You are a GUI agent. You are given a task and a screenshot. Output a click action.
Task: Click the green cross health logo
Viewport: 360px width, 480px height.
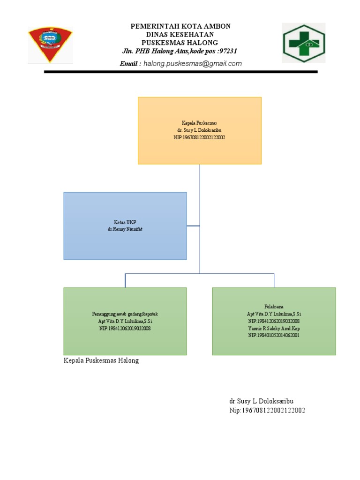303,43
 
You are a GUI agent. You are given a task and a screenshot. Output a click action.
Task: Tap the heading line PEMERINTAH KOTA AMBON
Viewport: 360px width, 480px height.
180,27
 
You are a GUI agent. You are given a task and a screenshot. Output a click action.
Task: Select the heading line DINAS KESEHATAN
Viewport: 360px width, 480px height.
180,35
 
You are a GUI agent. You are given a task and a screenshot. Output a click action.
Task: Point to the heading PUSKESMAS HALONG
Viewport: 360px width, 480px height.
180,43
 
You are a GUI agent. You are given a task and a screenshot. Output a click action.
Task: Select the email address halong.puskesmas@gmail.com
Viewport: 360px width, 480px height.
193,64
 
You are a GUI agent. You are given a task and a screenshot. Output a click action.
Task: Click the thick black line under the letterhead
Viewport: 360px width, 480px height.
180,72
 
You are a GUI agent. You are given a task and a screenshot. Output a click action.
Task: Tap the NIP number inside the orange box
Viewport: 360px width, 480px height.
199,137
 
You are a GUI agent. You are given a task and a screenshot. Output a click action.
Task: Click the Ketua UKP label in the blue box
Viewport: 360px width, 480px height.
125,222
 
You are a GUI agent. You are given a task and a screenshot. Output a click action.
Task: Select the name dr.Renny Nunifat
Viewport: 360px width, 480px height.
125,229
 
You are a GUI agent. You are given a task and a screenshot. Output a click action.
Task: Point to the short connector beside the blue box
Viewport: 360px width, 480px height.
193,226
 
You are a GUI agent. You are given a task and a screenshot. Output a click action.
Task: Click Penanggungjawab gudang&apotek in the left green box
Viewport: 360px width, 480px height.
125,314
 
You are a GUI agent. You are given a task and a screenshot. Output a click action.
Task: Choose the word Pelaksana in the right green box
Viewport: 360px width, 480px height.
274,306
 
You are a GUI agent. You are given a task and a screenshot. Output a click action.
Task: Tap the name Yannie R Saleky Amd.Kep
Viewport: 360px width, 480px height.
274,328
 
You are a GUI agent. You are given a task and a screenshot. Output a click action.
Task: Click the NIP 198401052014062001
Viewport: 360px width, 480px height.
274,336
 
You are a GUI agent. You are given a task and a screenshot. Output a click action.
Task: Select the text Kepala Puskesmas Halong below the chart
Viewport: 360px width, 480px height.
101,361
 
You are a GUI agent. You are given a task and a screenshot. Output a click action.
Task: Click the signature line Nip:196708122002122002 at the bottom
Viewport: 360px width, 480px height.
267,411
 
